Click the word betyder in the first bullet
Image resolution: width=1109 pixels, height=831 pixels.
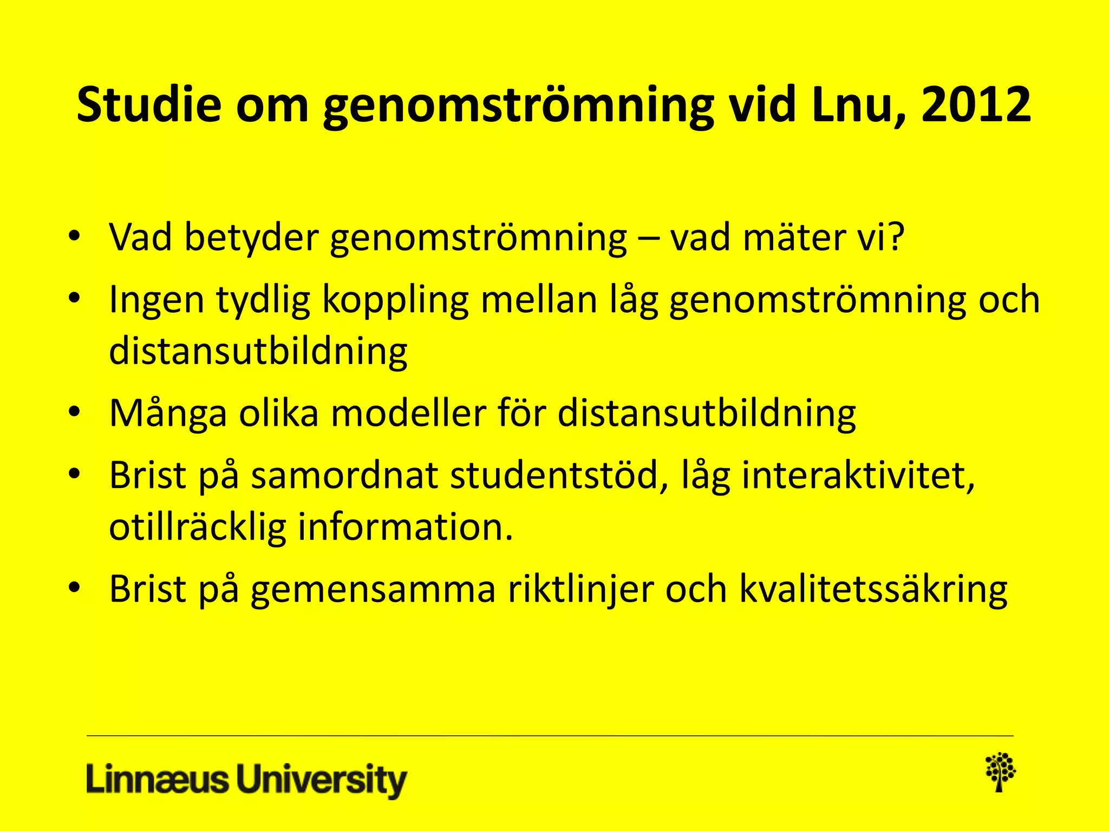(x=251, y=238)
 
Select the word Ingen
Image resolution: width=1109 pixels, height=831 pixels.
(x=156, y=300)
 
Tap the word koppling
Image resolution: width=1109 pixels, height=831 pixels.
(x=395, y=300)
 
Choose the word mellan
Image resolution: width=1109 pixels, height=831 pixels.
(x=539, y=300)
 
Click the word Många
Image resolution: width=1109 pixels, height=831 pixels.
(x=168, y=414)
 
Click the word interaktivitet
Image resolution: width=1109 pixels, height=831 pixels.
(x=858, y=476)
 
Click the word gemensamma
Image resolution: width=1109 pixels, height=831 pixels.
(x=373, y=589)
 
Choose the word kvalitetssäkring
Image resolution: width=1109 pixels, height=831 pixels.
(x=873, y=589)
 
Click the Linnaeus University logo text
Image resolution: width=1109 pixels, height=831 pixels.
(x=246, y=780)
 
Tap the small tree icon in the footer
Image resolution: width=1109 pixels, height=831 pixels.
(x=1000, y=772)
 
